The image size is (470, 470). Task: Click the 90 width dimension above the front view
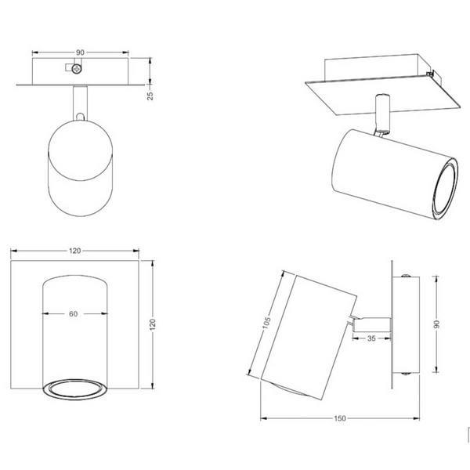click(x=80, y=52)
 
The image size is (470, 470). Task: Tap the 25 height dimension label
click(x=150, y=96)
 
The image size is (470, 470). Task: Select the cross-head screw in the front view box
click(x=77, y=69)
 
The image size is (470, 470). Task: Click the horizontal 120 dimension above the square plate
click(x=74, y=251)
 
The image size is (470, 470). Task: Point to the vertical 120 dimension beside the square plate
click(x=153, y=324)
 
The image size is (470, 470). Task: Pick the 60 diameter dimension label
click(x=73, y=314)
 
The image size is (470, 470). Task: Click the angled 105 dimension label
click(x=266, y=323)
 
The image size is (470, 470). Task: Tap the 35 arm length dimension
click(x=371, y=338)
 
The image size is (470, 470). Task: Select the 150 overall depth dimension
click(x=340, y=418)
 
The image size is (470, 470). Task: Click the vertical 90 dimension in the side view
click(x=436, y=324)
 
